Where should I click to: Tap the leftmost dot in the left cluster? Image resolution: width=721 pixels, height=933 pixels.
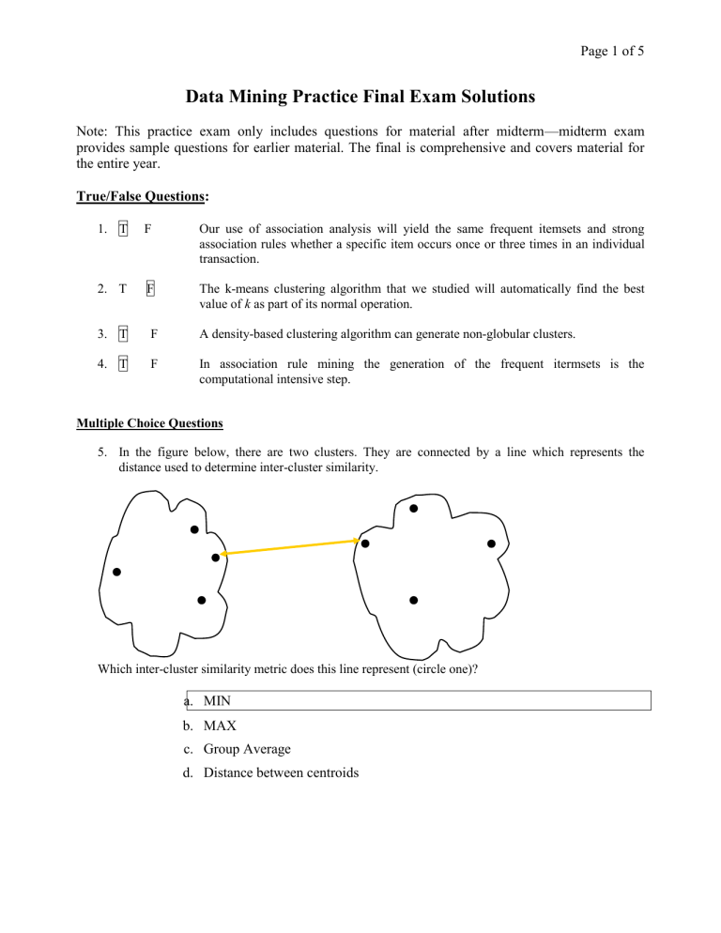[116, 572]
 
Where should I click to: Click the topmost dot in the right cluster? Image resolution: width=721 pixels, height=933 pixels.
[414, 509]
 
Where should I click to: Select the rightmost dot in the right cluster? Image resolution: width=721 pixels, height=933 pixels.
[491, 543]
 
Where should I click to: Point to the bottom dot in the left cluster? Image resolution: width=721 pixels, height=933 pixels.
[202, 600]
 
